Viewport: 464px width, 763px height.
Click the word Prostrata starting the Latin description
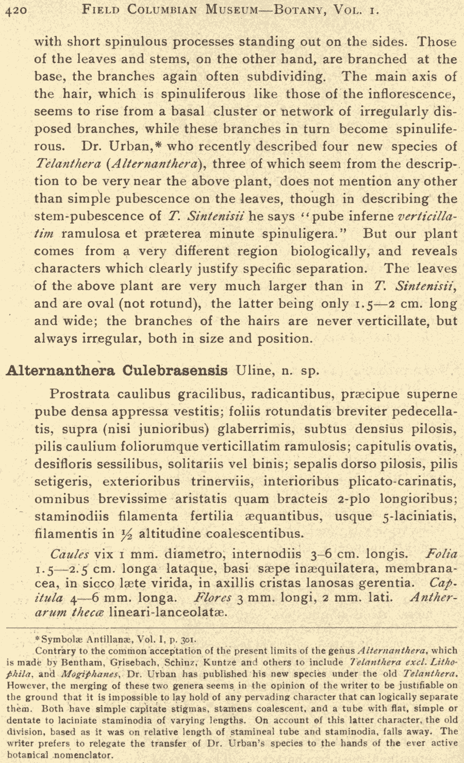point(80,394)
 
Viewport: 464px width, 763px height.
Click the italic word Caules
point(70,555)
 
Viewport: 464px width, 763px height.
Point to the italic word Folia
point(441,555)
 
